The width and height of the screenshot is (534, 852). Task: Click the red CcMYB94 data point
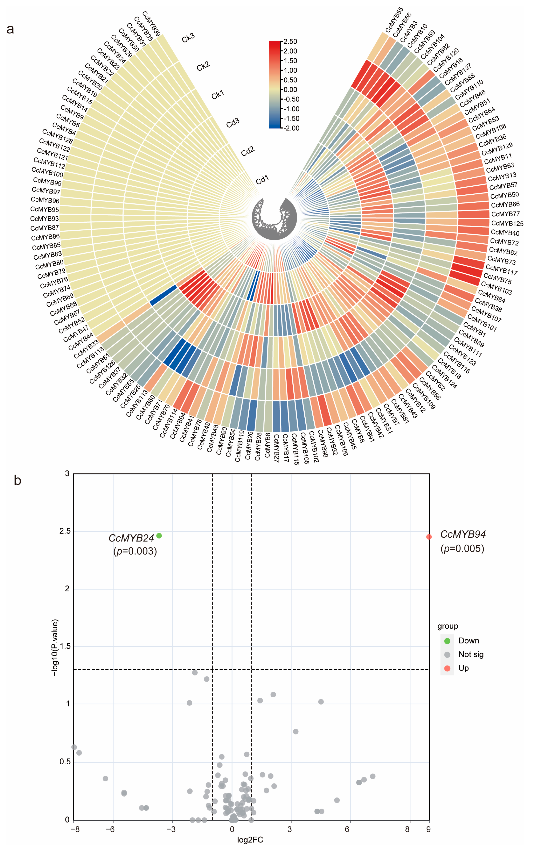coord(429,537)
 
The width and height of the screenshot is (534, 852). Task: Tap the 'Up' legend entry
coord(463,668)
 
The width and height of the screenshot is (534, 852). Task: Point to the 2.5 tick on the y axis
coord(65,531)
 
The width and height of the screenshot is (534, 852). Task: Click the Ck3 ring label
coord(188,38)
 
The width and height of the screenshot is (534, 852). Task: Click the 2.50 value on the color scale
coord(290,42)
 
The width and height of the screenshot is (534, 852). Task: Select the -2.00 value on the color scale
coord(291,128)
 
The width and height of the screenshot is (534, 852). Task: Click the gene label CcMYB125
coord(507,223)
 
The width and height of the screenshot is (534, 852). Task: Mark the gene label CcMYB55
coord(394,20)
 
